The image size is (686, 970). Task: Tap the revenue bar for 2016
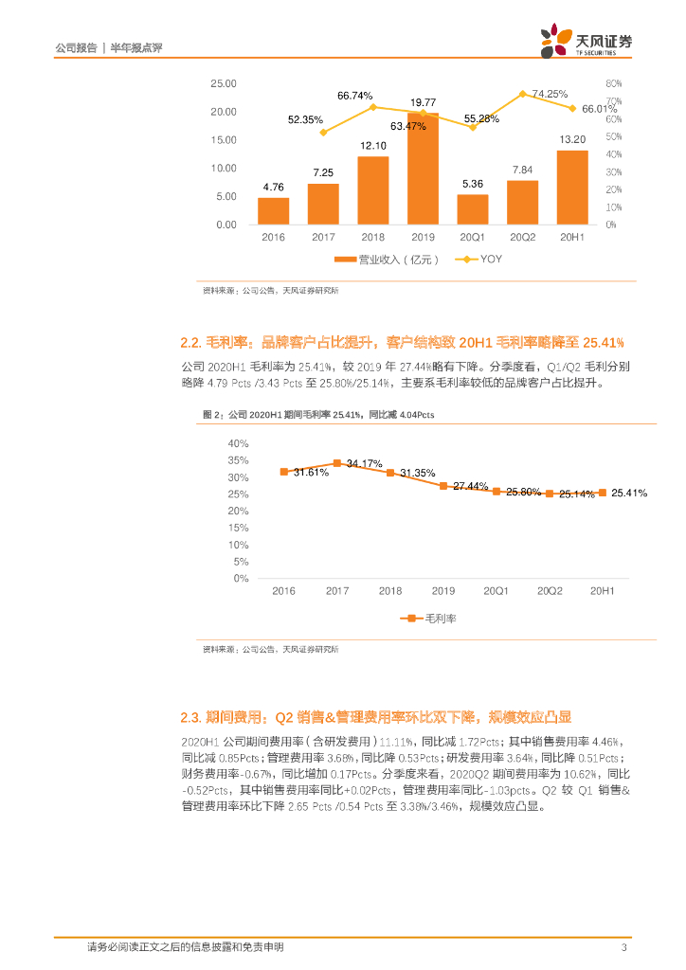coord(274,210)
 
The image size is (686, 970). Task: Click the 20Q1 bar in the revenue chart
coord(473,209)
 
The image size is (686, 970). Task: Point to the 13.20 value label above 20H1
coord(572,139)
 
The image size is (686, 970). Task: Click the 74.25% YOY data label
coord(550,94)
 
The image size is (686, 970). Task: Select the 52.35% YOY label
coord(306,119)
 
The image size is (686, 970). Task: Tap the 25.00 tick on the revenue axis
coord(225,83)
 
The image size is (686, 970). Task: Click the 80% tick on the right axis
coord(612,83)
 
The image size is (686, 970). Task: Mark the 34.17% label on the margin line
coord(365,464)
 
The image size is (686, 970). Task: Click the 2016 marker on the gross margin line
coord(283,471)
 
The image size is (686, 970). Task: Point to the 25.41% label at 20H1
coord(629,493)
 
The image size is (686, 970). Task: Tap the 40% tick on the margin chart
coord(238,443)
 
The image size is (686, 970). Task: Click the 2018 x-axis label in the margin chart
coord(390,591)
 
